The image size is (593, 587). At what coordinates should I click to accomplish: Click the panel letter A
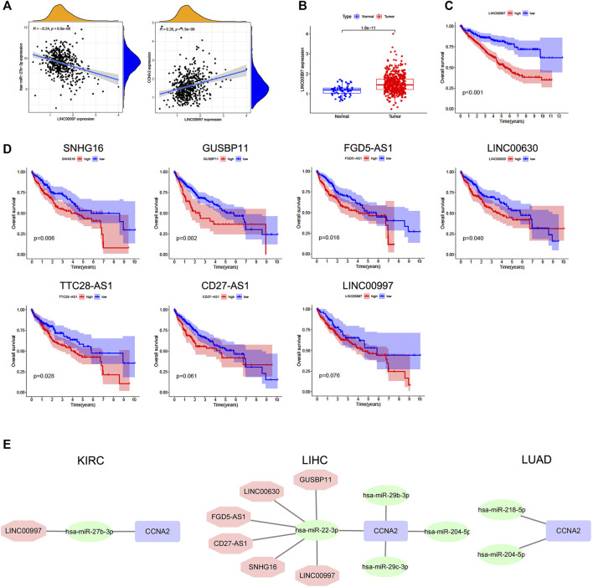8,7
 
